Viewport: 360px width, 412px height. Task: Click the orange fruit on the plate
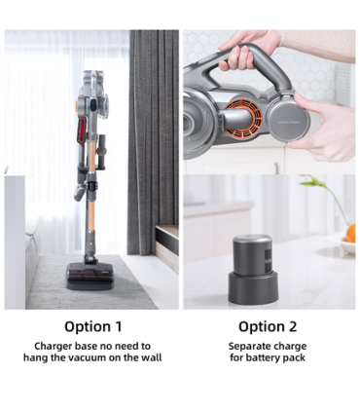349,234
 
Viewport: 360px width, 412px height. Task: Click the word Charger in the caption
54,346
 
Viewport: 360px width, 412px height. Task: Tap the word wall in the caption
151,357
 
